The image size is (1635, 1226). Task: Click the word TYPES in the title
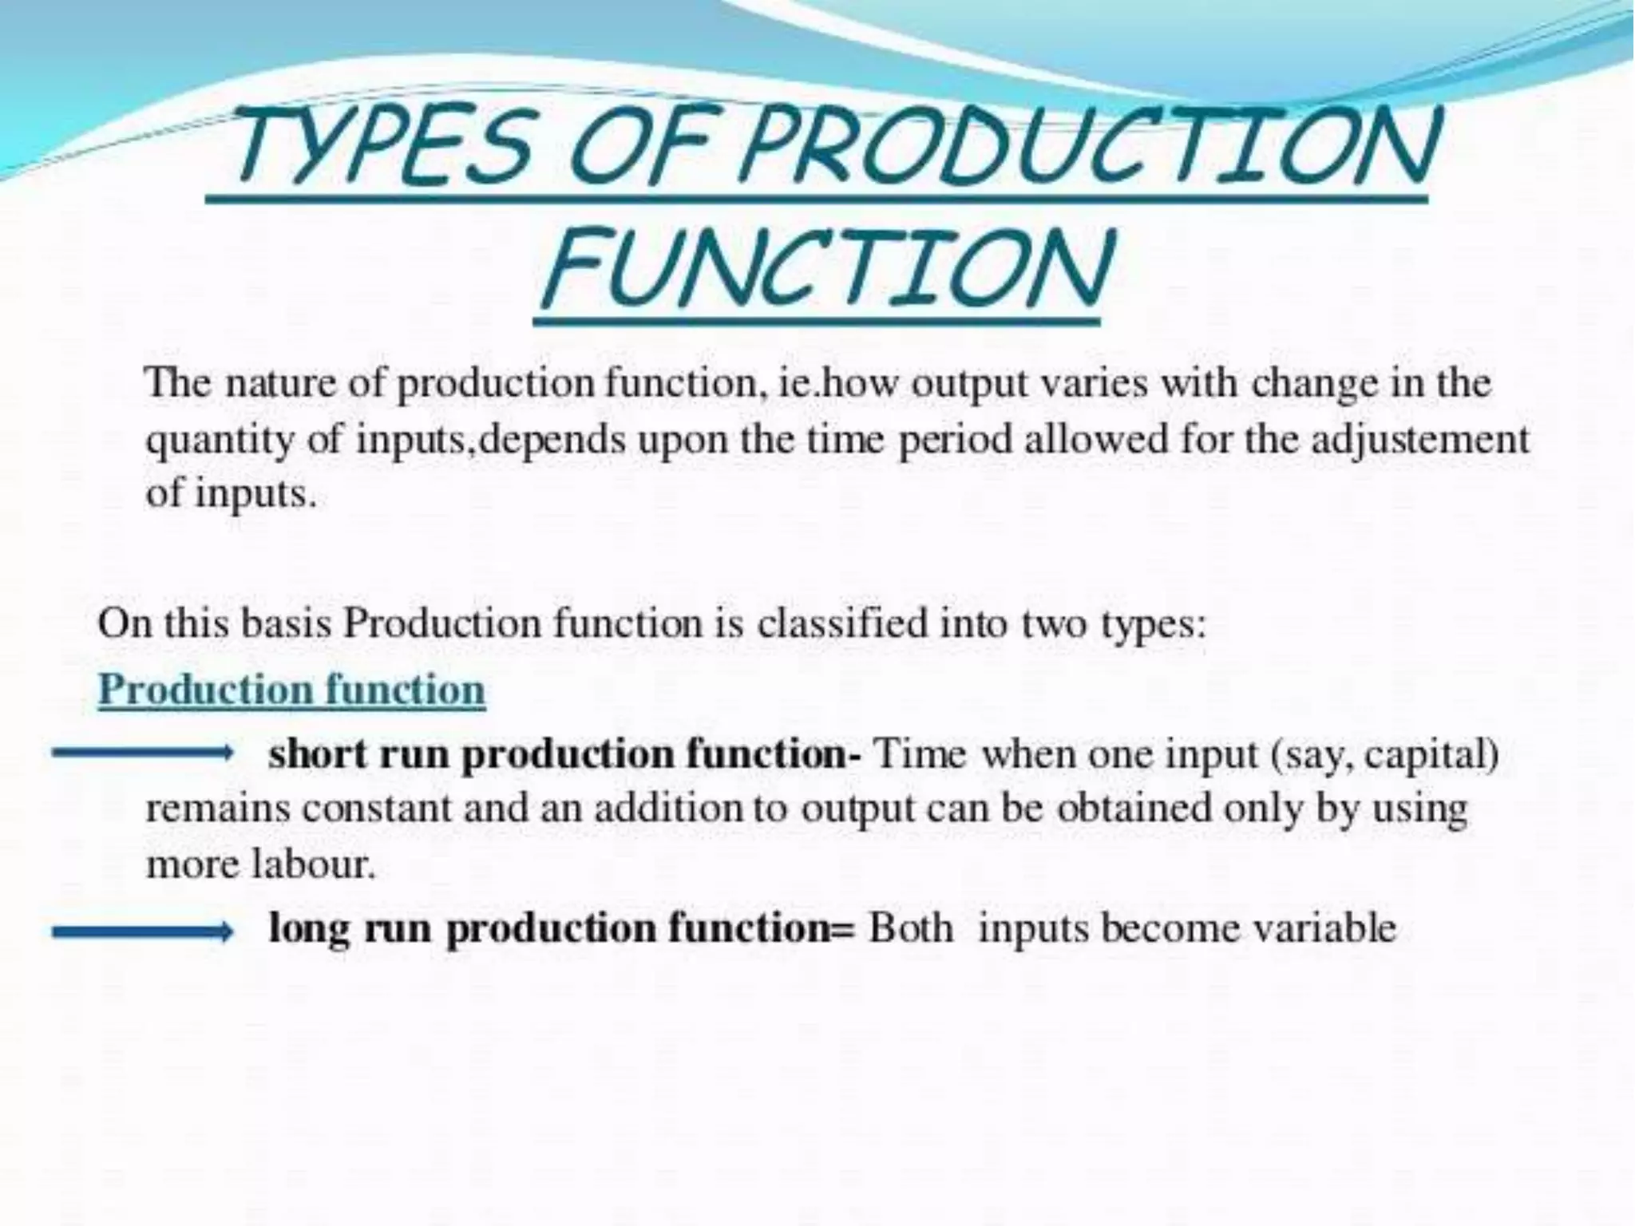coord(383,148)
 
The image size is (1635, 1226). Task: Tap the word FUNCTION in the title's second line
coord(826,267)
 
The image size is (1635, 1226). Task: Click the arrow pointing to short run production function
coord(142,752)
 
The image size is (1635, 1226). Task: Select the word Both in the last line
coord(911,929)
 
